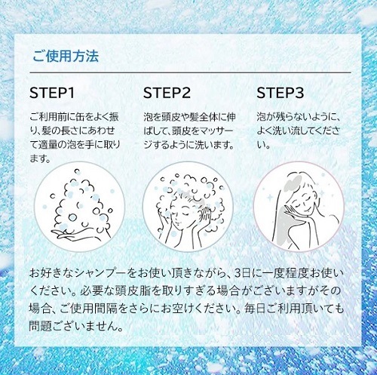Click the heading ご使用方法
[x=66, y=56]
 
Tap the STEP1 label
[x=52, y=93]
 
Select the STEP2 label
[x=167, y=93]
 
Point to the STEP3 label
[x=280, y=93]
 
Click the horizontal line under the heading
[x=190, y=72]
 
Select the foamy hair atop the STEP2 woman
[x=191, y=191]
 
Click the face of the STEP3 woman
[x=304, y=198]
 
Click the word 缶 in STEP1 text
[x=75, y=117]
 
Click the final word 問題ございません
[x=76, y=326]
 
